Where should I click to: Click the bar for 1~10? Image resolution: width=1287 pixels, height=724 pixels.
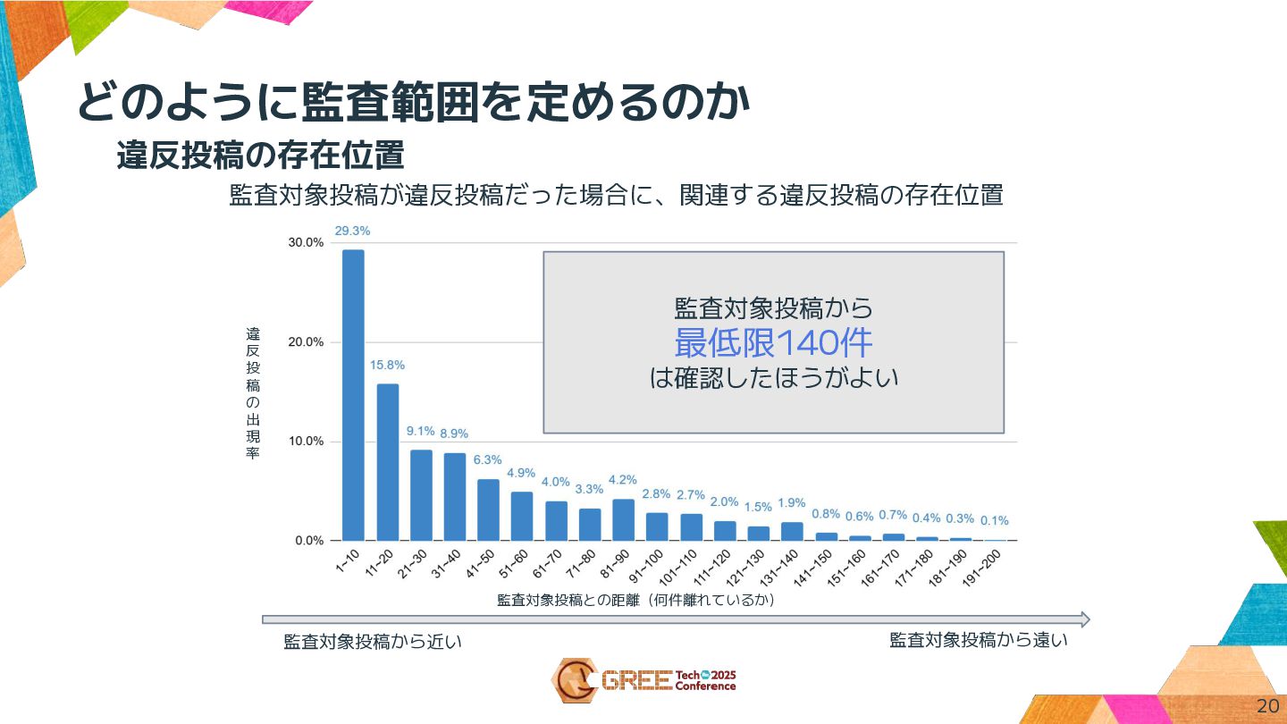[353, 395]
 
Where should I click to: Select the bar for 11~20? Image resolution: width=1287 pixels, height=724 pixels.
[387, 462]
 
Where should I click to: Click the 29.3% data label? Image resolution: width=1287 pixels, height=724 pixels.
[352, 231]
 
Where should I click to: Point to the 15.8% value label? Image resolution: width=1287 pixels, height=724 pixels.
[387, 365]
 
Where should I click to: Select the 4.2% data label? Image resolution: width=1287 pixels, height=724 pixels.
[623, 479]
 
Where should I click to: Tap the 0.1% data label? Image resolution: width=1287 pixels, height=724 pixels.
[995, 520]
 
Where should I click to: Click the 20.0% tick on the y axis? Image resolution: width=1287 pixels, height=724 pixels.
[306, 342]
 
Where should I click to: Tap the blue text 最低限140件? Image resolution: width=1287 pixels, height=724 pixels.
[773, 342]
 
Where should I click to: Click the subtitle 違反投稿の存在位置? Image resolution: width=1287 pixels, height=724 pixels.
[260, 156]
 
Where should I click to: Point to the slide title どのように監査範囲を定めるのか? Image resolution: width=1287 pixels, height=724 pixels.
[413, 103]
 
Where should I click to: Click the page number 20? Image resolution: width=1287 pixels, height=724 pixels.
[1266, 705]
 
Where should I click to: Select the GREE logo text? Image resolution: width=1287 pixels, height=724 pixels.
[635, 681]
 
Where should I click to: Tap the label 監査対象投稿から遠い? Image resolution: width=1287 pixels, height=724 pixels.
[979, 640]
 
